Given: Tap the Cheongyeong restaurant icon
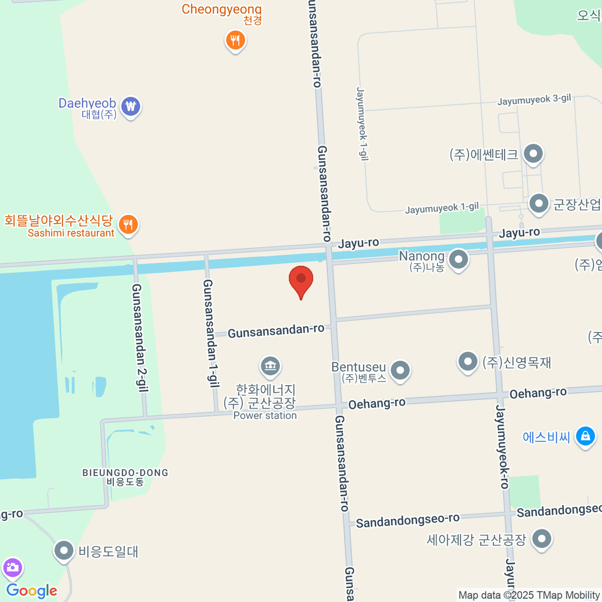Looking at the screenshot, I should pyautogui.click(x=235, y=40).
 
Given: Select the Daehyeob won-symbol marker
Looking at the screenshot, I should pyautogui.click(x=131, y=107).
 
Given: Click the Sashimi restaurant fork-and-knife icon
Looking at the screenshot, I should pyautogui.click(x=128, y=225).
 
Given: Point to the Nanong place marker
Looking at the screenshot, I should pyautogui.click(x=458, y=260).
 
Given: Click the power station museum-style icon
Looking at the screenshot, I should pyautogui.click(x=270, y=366).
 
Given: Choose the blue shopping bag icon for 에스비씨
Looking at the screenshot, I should pyautogui.click(x=585, y=436).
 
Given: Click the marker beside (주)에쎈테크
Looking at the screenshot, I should pyautogui.click(x=533, y=154).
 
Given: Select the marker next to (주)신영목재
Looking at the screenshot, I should pyautogui.click(x=468, y=361).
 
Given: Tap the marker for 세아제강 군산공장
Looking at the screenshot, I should pyautogui.click(x=541, y=540).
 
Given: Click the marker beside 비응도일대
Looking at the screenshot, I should pyautogui.click(x=64, y=551).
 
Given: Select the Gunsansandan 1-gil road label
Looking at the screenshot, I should pyautogui.click(x=211, y=334).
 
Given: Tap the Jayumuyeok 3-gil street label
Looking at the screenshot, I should pyautogui.click(x=534, y=100).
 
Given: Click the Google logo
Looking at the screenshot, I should pyautogui.click(x=32, y=591).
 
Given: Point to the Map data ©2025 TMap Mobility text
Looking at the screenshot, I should pyautogui.click(x=529, y=595).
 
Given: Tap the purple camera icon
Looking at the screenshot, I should pyautogui.click(x=12, y=568).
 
